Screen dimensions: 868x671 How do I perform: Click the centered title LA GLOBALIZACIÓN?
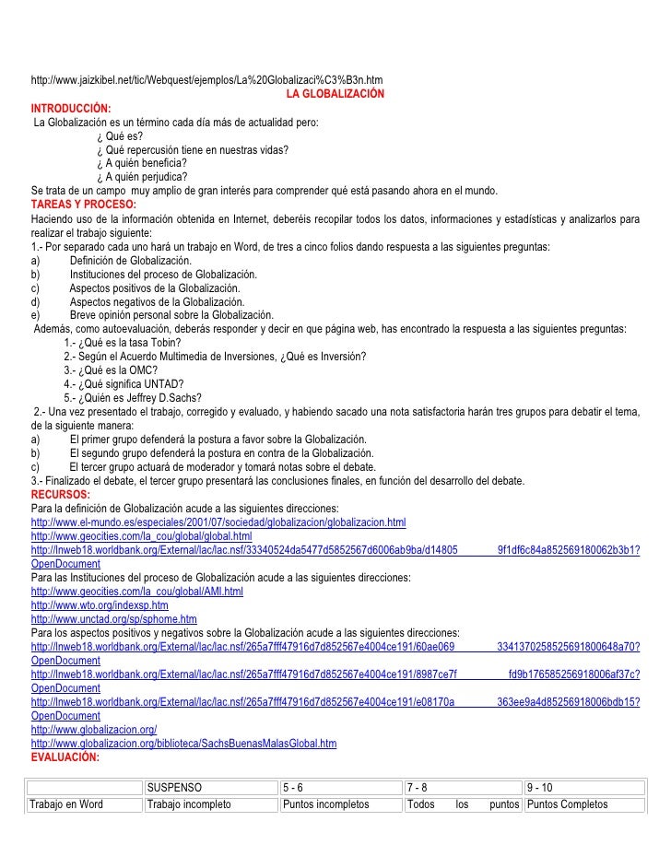click(x=335, y=95)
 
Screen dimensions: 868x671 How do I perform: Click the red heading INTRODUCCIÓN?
click(x=71, y=109)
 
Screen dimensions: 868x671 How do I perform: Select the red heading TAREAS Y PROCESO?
click(x=83, y=204)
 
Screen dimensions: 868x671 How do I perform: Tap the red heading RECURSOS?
click(x=60, y=495)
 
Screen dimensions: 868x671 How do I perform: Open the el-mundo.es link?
click(x=218, y=522)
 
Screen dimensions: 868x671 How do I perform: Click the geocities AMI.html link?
click(x=137, y=592)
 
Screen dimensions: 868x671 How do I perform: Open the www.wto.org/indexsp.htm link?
click(x=100, y=605)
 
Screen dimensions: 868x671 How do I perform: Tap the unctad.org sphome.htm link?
click(x=114, y=619)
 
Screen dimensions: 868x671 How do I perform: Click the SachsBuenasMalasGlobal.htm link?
click(x=183, y=743)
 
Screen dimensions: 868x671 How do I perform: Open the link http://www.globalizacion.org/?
click(x=94, y=729)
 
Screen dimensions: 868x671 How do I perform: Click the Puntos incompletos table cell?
click(x=325, y=804)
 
